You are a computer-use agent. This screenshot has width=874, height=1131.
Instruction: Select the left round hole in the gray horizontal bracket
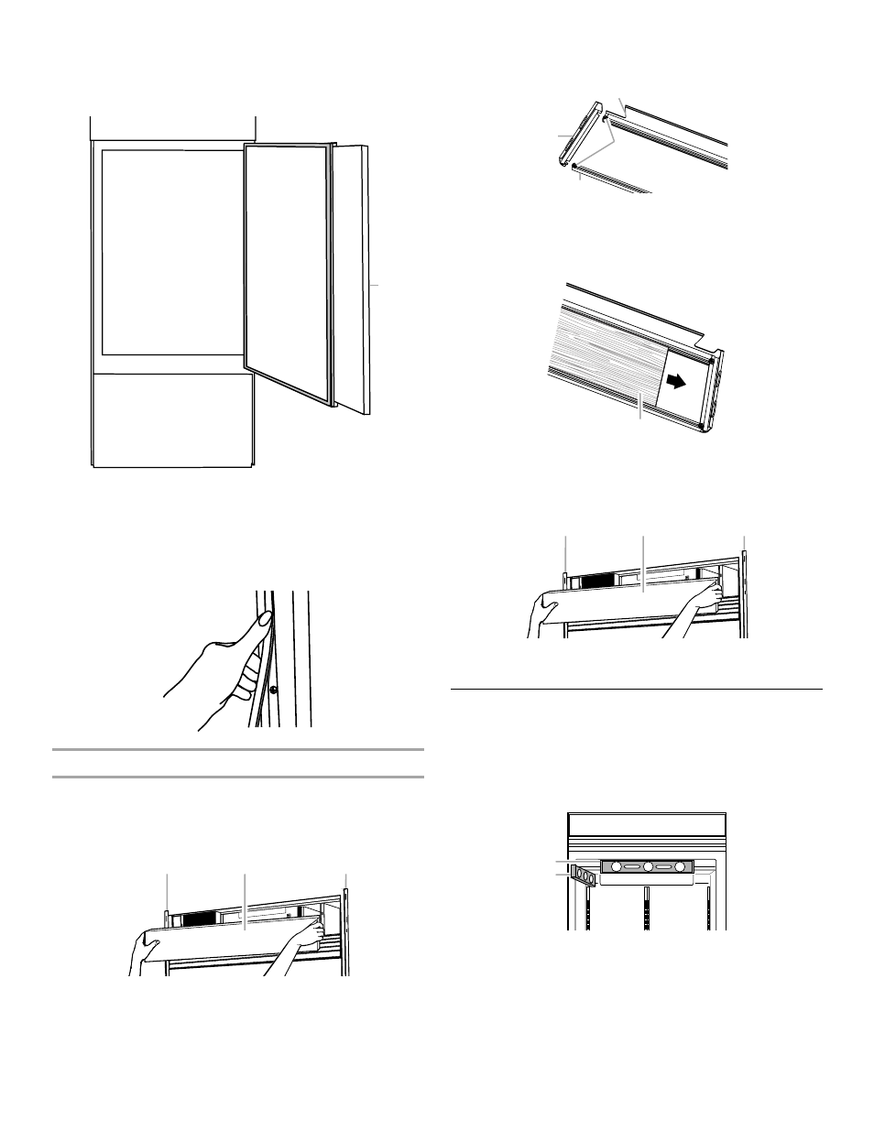(x=617, y=866)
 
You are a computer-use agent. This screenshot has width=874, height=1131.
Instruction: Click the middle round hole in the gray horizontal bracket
(x=648, y=866)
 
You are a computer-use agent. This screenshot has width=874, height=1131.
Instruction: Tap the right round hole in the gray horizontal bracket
(x=680, y=866)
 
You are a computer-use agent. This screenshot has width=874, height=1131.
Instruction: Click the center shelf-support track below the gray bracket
(x=648, y=907)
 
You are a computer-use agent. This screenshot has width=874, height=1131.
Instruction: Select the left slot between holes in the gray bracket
(x=632, y=866)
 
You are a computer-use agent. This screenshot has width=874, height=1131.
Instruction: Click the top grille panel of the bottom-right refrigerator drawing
(x=648, y=825)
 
